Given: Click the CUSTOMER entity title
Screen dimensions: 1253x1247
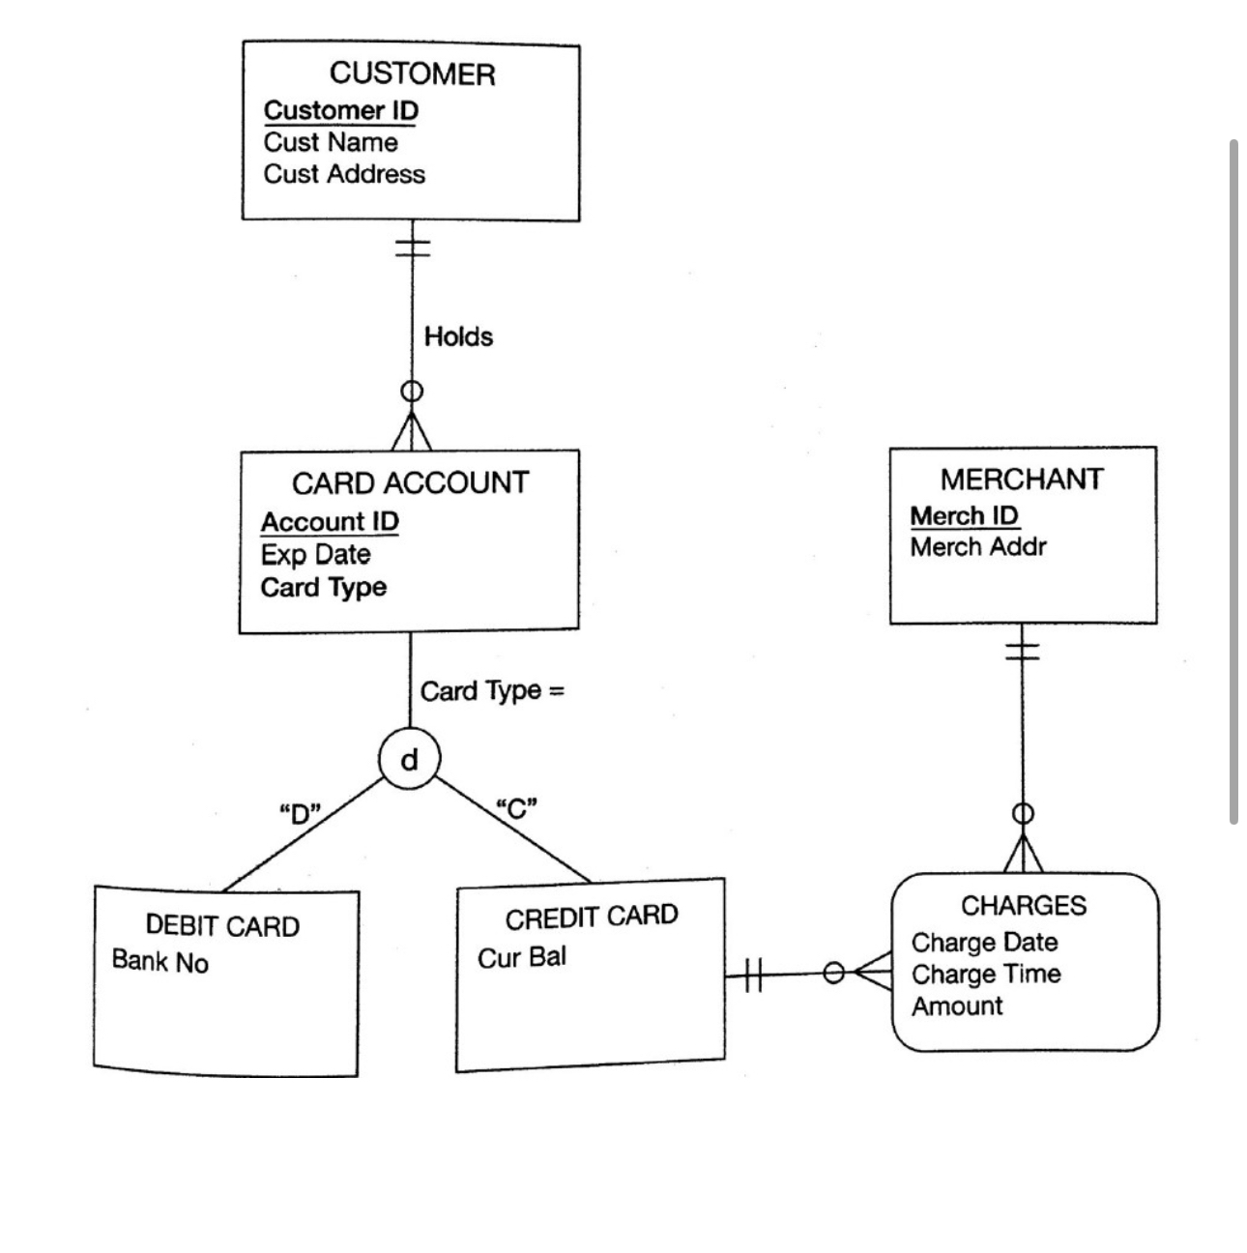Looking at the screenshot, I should click(x=412, y=74).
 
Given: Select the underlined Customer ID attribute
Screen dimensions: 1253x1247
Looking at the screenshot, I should click(x=340, y=110).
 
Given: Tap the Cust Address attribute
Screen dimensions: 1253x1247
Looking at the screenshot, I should click(x=344, y=174).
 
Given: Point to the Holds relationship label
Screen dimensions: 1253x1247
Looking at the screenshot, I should click(x=458, y=336).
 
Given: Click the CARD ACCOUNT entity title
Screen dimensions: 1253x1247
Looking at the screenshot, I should click(x=410, y=482).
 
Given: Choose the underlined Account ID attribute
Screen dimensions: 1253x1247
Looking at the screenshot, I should click(x=330, y=521).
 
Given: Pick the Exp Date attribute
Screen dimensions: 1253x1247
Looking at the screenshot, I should click(x=315, y=554).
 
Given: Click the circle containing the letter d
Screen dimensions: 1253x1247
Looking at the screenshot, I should click(x=409, y=760).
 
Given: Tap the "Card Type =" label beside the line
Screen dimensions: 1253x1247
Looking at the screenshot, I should click(x=492, y=691).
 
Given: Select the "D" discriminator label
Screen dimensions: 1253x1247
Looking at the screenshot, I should click(x=300, y=812).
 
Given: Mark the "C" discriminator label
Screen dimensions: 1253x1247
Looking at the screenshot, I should click(x=516, y=807).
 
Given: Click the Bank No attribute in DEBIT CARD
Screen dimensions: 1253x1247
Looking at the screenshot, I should click(x=159, y=961).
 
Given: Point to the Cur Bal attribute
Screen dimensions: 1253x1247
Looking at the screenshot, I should click(x=522, y=957).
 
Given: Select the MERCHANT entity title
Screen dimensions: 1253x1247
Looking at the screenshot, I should click(x=1022, y=480).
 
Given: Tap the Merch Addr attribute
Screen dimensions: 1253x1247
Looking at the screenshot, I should click(x=978, y=547).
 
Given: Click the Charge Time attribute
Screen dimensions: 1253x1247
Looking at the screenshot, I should click(x=986, y=974).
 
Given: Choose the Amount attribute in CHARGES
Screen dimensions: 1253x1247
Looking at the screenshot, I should click(x=957, y=1006).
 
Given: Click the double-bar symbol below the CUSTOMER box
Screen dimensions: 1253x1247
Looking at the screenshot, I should click(x=413, y=247).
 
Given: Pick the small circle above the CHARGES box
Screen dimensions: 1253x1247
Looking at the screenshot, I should click(x=1023, y=814).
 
